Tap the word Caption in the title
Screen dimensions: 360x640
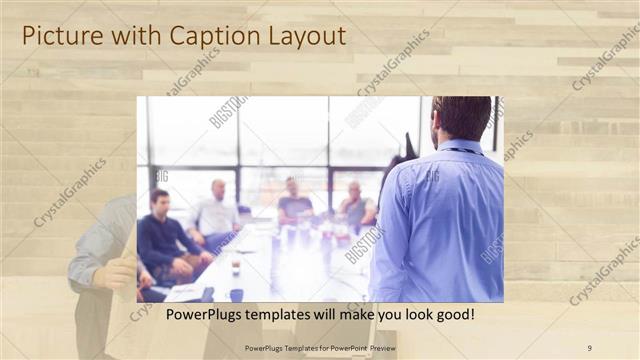point(210,37)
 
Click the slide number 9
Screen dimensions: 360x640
point(589,347)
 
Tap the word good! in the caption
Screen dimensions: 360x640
point(451,315)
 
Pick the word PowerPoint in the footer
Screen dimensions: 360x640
point(333,347)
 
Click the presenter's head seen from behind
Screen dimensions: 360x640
point(461,118)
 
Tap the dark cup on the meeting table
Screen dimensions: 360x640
point(236,294)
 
